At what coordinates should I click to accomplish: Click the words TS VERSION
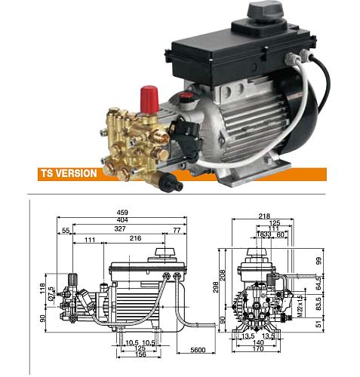click(x=69, y=172)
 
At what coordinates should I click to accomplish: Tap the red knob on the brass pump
click(x=149, y=97)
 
